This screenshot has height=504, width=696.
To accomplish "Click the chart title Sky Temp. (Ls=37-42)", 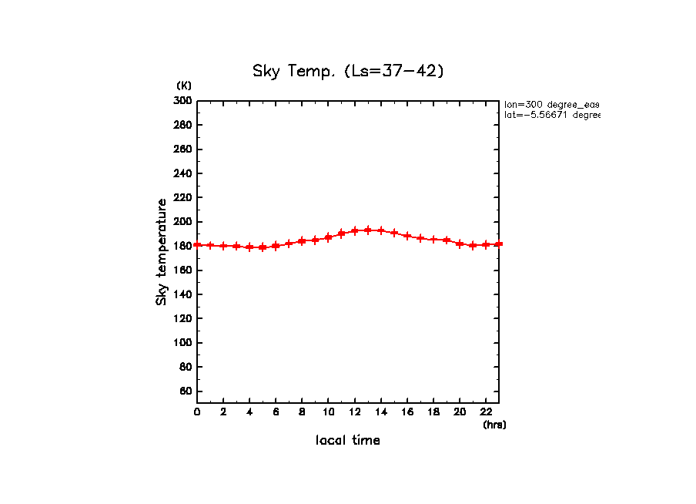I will coord(348,72).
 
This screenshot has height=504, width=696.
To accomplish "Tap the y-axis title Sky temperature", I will coord(162,251).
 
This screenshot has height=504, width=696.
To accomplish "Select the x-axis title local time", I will coord(348,441).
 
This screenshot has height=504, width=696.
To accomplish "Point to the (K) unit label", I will coord(184,86).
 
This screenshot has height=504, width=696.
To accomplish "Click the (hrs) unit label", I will coord(494,425).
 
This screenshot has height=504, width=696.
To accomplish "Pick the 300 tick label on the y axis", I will coord(182,101).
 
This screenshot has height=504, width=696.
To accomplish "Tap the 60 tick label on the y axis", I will coord(185,391).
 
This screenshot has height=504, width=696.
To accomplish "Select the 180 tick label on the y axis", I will coord(182,246).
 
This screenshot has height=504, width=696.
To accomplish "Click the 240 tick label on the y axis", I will coord(182,173).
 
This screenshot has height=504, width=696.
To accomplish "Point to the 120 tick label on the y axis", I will coord(182,318).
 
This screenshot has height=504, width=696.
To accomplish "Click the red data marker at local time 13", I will coord(368,230).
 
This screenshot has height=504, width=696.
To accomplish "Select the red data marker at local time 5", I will coord(263,247).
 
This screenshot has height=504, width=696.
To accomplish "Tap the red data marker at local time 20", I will coord(460,244).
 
